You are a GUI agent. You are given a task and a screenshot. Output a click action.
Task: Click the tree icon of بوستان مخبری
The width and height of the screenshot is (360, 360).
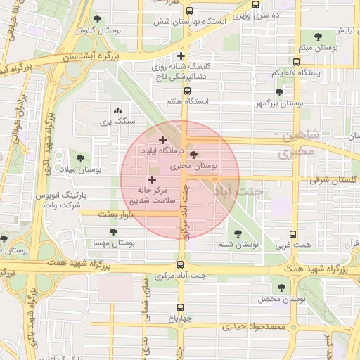(194, 155)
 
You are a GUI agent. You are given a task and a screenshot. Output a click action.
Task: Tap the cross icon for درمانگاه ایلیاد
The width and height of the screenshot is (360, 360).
(163, 141)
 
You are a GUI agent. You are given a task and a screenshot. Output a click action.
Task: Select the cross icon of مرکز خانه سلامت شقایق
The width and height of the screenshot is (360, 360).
(152, 180)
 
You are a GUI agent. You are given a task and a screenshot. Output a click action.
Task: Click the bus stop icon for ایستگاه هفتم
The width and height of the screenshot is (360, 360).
(187, 91)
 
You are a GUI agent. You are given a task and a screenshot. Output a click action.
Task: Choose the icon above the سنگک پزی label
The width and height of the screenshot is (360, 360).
(117, 110)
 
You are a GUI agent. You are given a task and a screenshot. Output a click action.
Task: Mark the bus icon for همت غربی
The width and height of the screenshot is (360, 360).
(294, 236)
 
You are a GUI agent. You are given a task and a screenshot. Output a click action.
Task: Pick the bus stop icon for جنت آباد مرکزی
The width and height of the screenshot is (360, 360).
(181, 265)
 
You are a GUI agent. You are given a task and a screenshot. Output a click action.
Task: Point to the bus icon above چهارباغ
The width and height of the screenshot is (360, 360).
(181, 307)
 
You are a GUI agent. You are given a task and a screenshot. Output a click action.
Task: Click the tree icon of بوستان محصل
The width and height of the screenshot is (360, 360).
(282, 288)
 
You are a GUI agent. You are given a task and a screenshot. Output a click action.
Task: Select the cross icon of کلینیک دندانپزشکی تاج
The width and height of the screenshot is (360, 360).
(181, 56)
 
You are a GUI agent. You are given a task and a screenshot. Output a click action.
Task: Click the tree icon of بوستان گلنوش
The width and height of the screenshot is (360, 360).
(97, 20)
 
